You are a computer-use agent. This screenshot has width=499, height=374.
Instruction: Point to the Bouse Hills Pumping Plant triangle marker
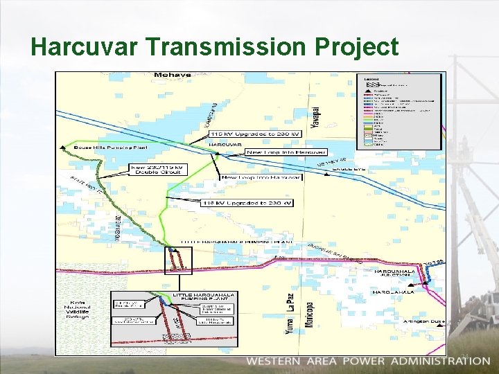tap(63, 147)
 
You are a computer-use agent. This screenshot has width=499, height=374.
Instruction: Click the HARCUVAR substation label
tap(225, 145)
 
